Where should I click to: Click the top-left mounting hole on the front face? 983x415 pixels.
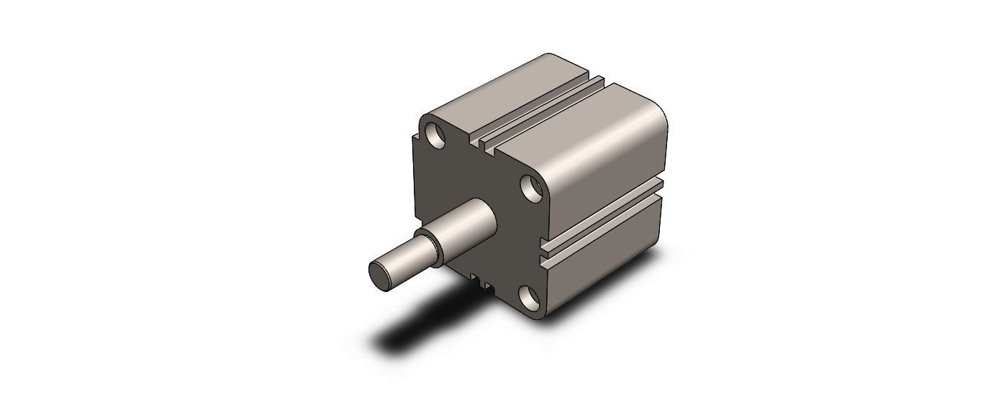pyautogui.click(x=435, y=134)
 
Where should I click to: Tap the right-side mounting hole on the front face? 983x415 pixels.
pyautogui.click(x=533, y=189)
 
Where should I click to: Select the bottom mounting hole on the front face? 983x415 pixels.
pyautogui.click(x=530, y=296)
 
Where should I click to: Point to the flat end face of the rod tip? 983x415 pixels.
pyautogui.click(x=379, y=274)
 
